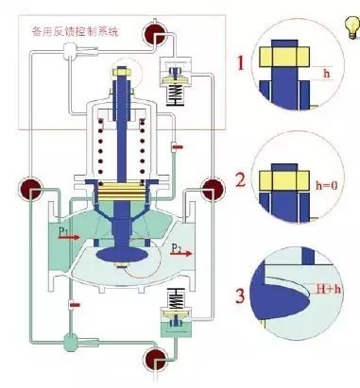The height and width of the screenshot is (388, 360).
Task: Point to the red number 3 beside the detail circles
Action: (x=243, y=297)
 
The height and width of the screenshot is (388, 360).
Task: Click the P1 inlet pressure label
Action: (x=63, y=228)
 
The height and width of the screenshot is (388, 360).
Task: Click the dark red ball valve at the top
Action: (x=155, y=37)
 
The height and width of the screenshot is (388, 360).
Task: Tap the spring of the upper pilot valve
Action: (x=179, y=92)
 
